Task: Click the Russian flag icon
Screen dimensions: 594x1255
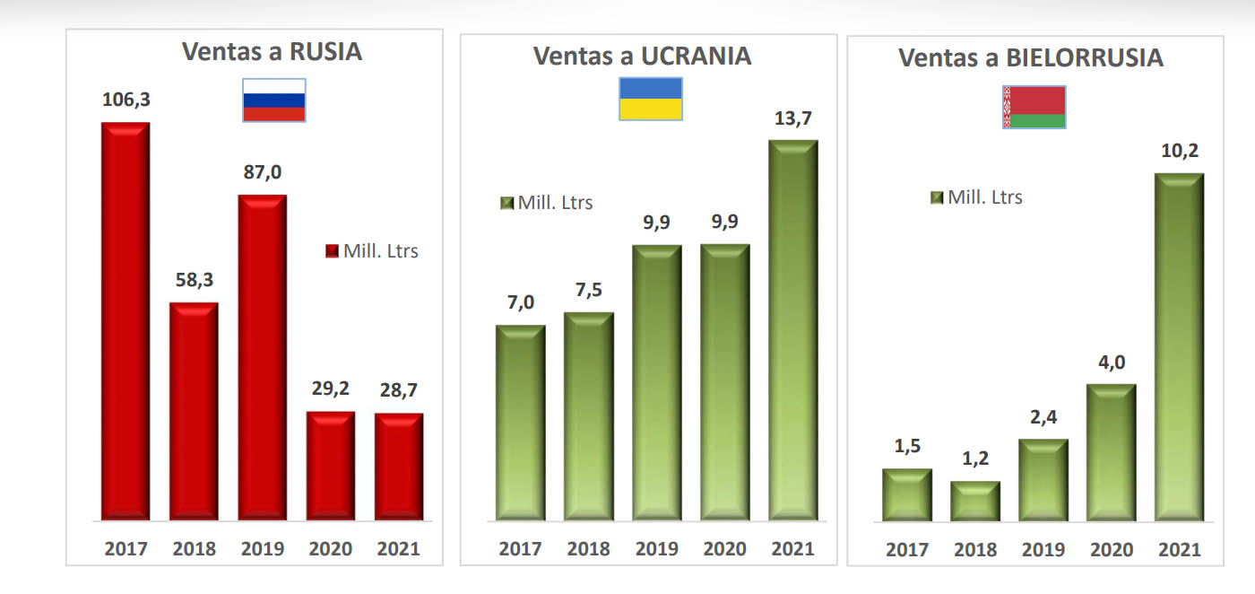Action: click(x=274, y=100)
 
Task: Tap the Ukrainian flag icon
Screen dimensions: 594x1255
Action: click(x=651, y=99)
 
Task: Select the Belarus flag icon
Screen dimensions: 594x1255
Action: click(x=1034, y=107)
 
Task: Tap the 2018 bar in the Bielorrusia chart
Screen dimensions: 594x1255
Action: click(x=975, y=502)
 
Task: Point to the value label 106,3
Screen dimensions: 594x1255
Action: click(x=125, y=100)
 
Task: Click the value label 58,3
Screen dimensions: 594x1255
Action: click(x=194, y=280)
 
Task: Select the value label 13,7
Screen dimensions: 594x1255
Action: click(x=792, y=118)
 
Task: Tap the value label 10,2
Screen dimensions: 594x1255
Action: click(x=1179, y=151)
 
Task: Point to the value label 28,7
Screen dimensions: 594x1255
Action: click(x=398, y=390)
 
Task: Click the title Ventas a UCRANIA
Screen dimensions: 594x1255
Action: click(x=642, y=56)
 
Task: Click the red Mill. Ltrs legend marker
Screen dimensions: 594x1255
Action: click(x=331, y=251)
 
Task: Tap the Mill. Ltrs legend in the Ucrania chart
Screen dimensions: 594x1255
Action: click(x=547, y=203)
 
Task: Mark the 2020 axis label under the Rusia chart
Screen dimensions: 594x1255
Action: click(x=331, y=549)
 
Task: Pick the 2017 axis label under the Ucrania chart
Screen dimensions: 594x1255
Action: click(x=521, y=549)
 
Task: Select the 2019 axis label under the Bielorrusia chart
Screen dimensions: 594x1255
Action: click(x=1043, y=550)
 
